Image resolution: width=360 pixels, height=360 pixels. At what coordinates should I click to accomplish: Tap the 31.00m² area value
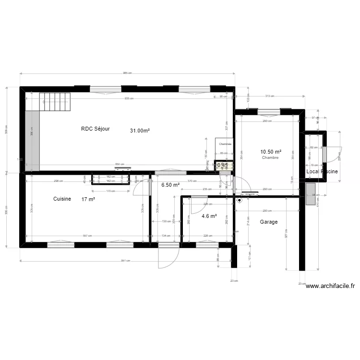pyautogui.click(x=140, y=130)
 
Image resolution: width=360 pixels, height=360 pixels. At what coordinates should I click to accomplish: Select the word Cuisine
pyautogui.click(x=62, y=199)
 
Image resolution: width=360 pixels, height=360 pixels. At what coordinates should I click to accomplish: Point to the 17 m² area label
pyautogui.click(x=88, y=199)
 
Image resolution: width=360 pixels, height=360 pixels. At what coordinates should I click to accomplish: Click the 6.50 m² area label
pyautogui.click(x=170, y=185)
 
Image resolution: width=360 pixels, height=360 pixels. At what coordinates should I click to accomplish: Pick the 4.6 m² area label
pyautogui.click(x=209, y=216)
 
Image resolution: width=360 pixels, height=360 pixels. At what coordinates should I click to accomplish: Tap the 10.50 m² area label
pyautogui.click(x=270, y=152)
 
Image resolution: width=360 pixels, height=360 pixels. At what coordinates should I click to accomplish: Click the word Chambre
pyautogui.click(x=270, y=157)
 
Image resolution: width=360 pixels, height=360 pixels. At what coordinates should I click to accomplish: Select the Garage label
pyautogui.click(x=269, y=222)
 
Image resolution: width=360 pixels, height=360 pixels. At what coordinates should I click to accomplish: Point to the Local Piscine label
pyautogui.click(x=322, y=171)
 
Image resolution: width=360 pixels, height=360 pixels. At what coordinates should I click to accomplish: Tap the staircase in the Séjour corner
pyautogui.click(x=55, y=101)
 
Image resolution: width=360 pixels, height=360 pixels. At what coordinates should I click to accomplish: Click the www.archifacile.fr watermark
pyautogui.click(x=330, y=286)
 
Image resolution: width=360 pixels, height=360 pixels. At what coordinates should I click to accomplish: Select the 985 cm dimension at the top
pyautogui.click(x=127, y=73)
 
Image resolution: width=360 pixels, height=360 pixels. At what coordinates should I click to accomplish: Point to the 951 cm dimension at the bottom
pyautogui.click(x=126, y=261)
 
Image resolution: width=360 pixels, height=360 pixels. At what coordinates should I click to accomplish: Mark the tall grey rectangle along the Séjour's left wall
pyautogui.click(x=32, y=140)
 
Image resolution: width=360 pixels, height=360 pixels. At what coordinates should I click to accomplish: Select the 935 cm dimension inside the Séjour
pyautogui.click(x=128, y=98)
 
